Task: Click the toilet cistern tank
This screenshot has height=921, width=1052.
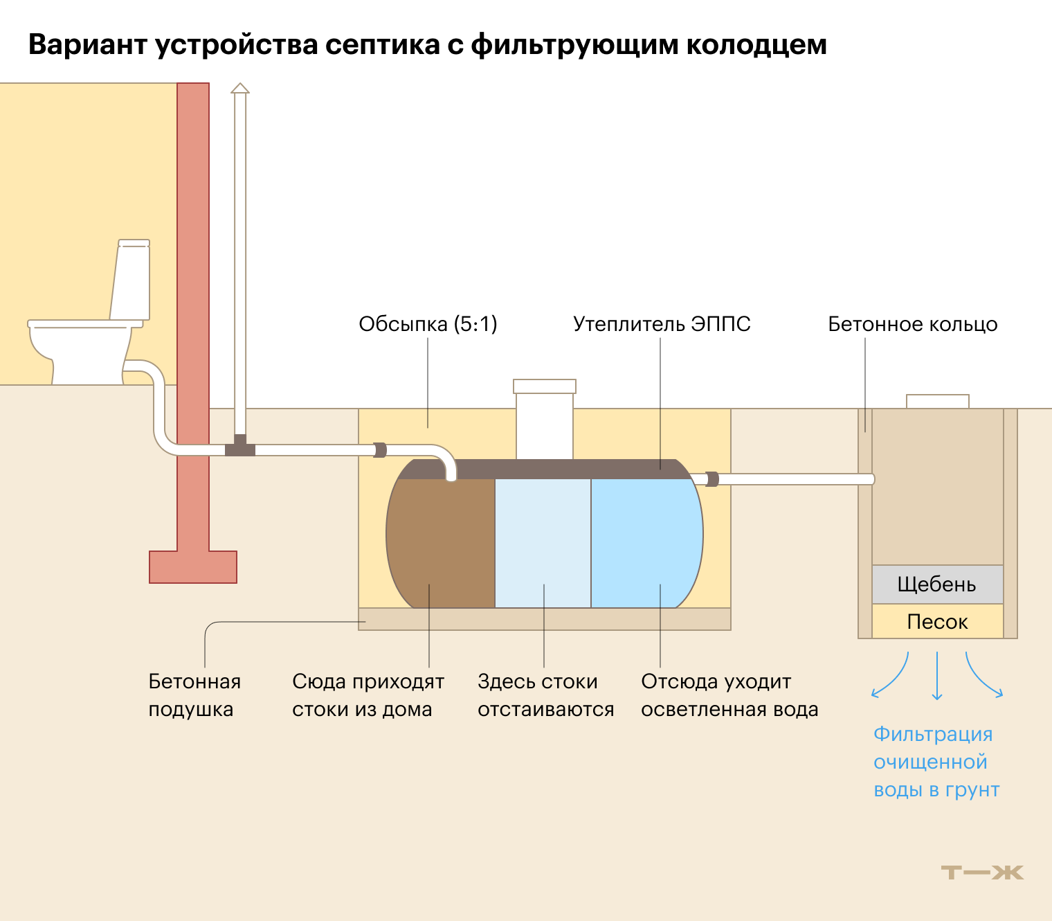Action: pos(131,280)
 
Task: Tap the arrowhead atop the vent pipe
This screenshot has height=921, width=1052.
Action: pos(240,88)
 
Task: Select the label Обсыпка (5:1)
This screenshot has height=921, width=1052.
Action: pos(428,324)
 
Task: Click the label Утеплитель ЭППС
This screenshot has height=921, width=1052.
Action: pos(662,324)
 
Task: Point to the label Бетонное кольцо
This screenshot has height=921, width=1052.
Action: pos(912,324)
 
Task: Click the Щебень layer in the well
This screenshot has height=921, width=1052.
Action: pos(937,584)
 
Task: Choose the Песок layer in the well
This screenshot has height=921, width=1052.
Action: pos(937,622)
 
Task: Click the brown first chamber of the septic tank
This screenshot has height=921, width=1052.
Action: pos(441,540)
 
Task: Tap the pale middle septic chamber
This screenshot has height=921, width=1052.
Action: pos(543,540)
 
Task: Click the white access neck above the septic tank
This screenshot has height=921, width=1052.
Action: pos(545,422)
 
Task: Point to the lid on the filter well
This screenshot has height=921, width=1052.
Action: pos(938,401)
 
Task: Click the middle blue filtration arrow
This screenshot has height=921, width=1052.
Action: pos(937,676)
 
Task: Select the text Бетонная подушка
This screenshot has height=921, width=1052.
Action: pos(194,695)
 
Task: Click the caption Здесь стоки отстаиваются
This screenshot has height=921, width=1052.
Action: pos(545,695)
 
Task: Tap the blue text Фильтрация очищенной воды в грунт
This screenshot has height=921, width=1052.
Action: pos(936,762)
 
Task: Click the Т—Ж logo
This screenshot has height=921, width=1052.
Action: pos(982,873)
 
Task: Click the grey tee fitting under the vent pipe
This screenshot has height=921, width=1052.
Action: pos(240,448)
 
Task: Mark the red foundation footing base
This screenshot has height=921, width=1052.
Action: pos(193,567)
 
